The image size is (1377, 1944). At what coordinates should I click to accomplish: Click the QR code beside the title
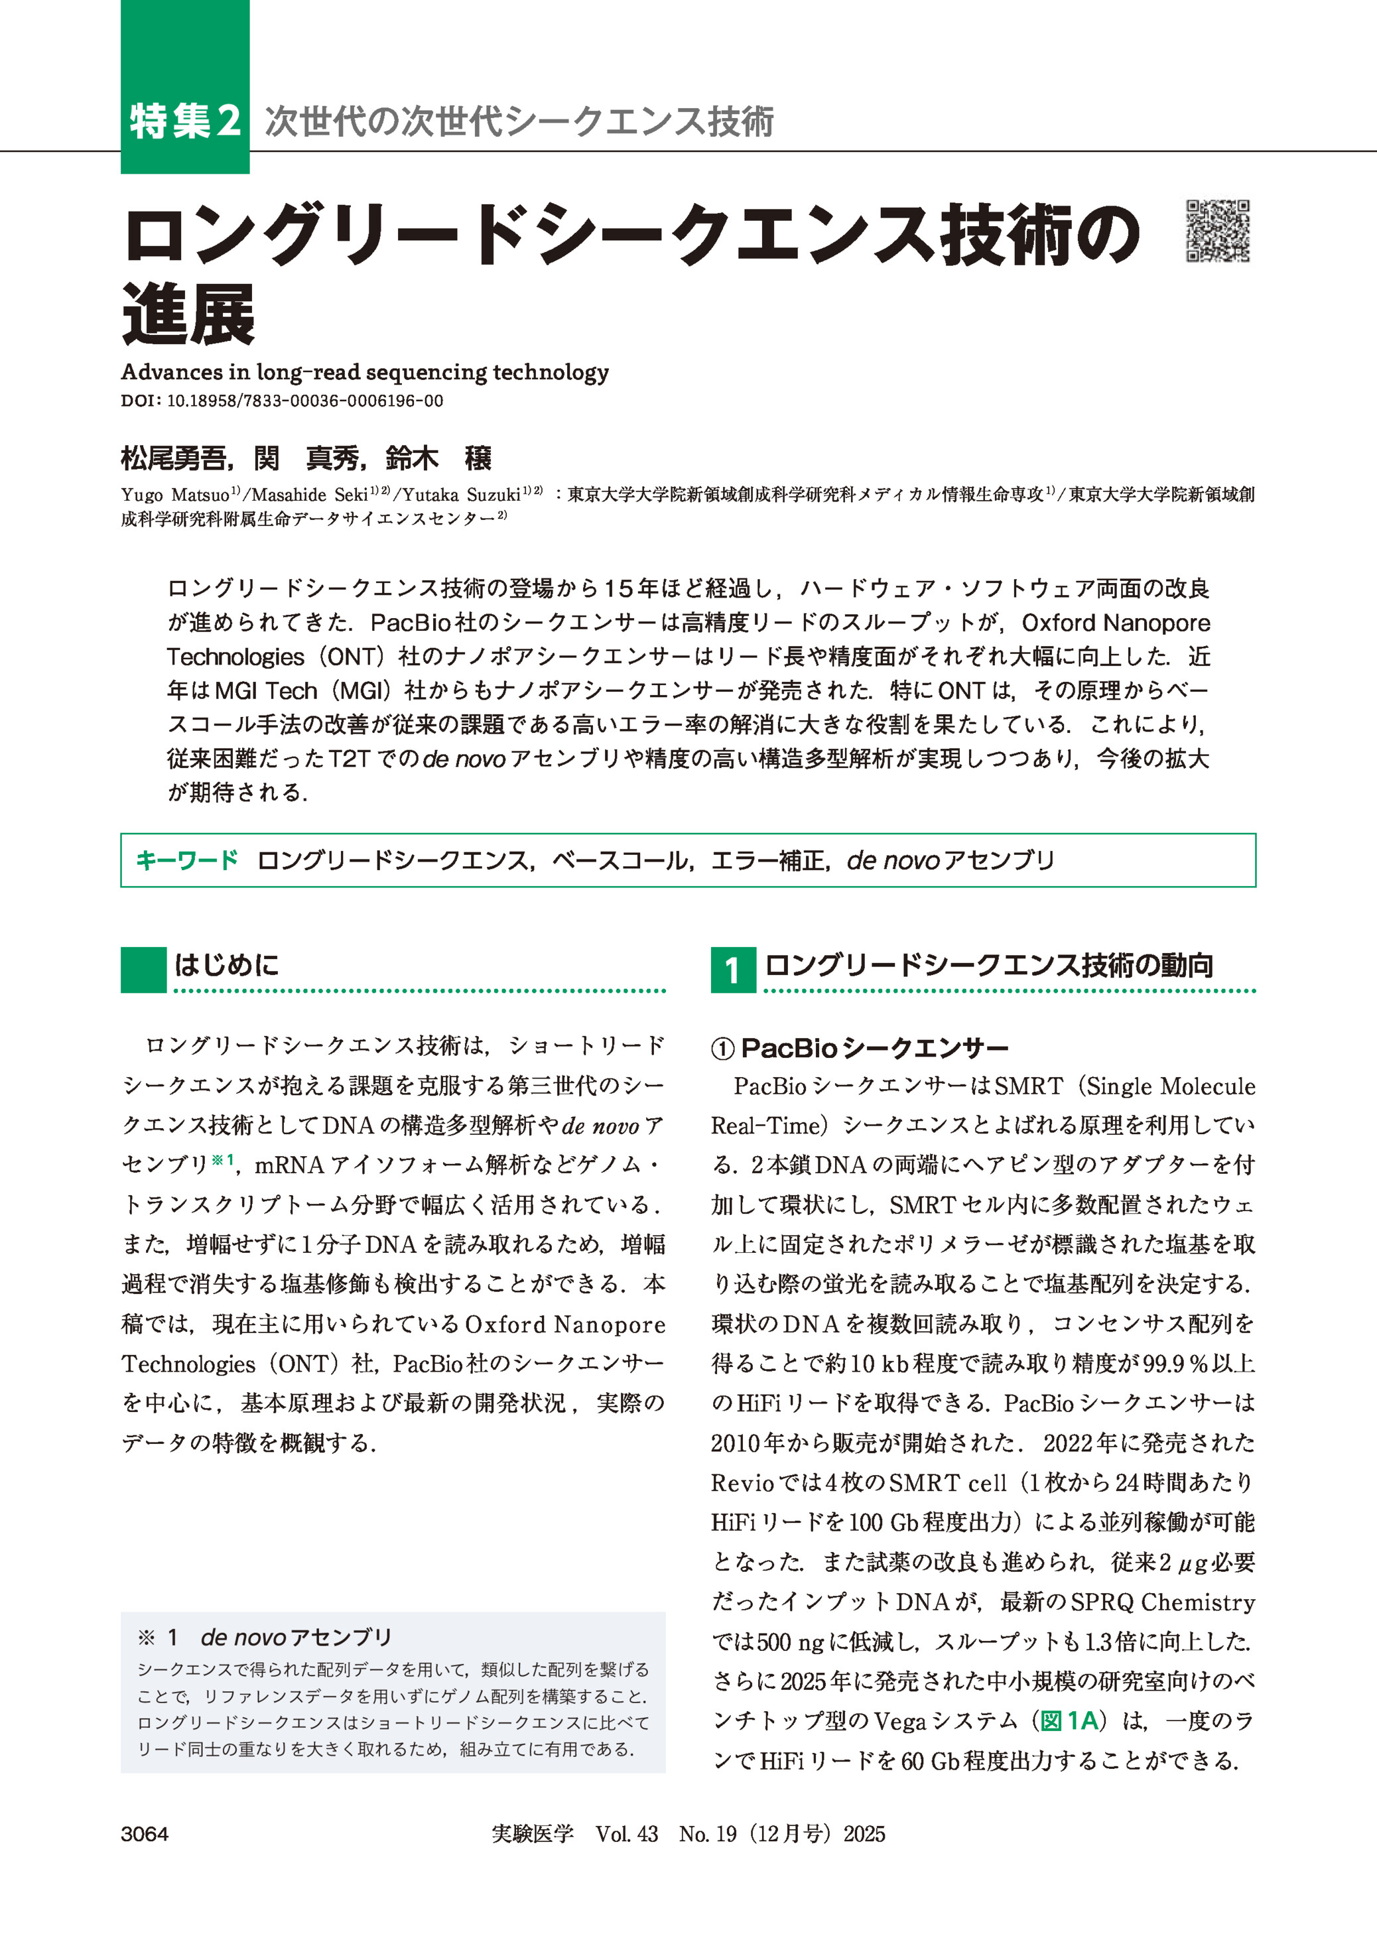pos(1218,231)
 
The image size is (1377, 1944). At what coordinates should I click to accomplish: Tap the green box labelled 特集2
pos(185,121)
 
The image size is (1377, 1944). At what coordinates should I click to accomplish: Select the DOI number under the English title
pos(304,401)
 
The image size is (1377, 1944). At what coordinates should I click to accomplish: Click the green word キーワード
pos(186,860)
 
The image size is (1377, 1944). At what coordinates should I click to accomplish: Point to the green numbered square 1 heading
pos(732,970)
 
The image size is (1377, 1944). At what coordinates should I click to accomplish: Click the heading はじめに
pos(226,965)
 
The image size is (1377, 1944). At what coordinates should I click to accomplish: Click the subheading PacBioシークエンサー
pos(874,1049)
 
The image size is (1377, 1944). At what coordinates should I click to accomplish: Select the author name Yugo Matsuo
pos(176,495)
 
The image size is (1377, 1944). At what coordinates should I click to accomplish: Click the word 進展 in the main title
pos(188,314)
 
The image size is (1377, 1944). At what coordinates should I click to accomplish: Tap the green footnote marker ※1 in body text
pos(223,1161)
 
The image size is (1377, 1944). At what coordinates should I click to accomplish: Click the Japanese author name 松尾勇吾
pos(173,459)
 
